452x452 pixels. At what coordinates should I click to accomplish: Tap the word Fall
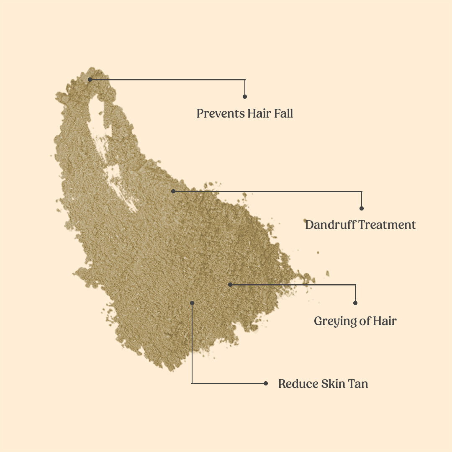tap(284, 113)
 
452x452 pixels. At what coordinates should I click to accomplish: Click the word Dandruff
tap(330, 225)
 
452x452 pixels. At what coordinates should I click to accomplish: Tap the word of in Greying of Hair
tap(364, 321)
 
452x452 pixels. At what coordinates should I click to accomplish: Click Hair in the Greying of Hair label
tap(385, 321)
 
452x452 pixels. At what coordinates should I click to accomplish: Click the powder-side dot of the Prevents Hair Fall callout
tap(90, 79)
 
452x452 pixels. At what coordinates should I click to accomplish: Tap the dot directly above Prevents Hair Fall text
tap(245, 97)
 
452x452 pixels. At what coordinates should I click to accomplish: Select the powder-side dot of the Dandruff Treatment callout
tap(173, 191)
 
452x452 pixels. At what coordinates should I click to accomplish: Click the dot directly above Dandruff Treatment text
tap(362, 208)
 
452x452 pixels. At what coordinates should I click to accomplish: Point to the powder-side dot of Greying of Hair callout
tap(230, 285)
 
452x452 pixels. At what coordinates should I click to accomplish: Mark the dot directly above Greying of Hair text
tap(355, 303)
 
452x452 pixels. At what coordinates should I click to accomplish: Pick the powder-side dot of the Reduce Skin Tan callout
tap(192, 303)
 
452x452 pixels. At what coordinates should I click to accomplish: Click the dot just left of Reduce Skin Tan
tap(266, 383)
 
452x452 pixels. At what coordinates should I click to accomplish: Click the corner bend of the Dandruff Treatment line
tap(362, 192)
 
